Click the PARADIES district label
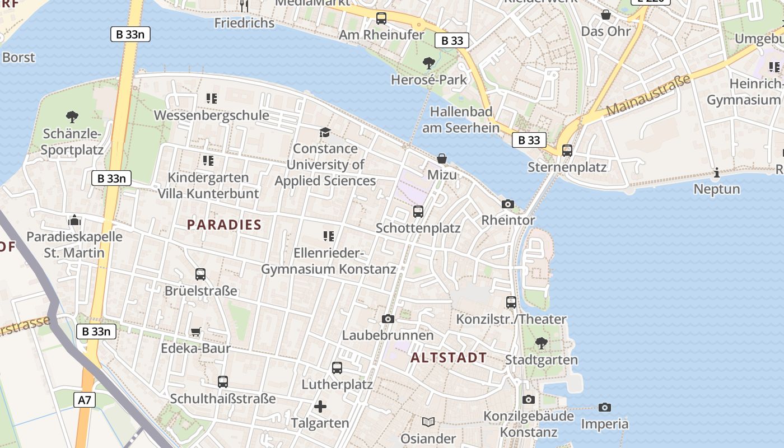tap(224, 225)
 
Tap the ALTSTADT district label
tap(449, 358)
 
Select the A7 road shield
tap(85, 400)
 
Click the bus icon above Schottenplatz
tap(418, 212)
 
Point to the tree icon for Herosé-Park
tap(429, 63)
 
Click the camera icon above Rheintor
tap(508, 204)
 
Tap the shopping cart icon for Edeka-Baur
tap(196, 332)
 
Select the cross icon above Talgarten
tap(320, 407)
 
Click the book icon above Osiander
tap(428, 422)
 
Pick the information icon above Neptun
tap(717, 173)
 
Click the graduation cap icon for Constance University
tap(325, 132)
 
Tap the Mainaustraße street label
tap(648, 96)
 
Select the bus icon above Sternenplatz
tap(567, 150)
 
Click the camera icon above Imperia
tap(605, 407)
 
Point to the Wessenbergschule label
tap(211, 115)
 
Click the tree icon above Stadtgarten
tap(541, 343)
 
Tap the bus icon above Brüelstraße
tap(200, 274)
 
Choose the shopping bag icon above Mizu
tap(442, 158)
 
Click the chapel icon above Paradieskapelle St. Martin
tap(74, 220)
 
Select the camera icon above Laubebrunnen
tap(388, 319)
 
